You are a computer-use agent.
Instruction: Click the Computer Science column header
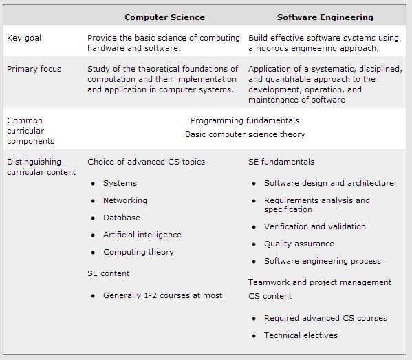click(164, 17)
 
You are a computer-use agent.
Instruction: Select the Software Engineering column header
click(325, 17)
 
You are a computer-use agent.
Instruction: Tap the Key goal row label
click(23, 38)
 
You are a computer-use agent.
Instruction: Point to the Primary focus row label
click(34, 69)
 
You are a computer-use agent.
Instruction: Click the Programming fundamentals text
click(245, 120)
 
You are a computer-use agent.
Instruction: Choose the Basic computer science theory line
click(245, 134)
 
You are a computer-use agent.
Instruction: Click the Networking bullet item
click(124, 200)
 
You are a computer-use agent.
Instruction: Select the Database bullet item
click(121, 218)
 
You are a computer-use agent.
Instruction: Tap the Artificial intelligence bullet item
click(142, 235)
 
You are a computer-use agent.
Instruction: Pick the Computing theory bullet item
click(138, 252)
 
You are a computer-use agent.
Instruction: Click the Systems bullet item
click(120, 183)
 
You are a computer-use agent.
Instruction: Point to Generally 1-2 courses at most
click(162, 295)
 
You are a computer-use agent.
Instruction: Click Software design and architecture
click(329, 183)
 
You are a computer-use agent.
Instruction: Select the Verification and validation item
click(314, 226)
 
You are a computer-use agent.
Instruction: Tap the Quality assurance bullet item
click(299, 244)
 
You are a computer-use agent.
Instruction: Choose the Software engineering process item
click(322, 261)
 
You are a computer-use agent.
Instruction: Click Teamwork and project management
click(319, 282)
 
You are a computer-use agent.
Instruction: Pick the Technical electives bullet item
click(301, 335)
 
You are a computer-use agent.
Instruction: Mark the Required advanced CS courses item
click(325, 318)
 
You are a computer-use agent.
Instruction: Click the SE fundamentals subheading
click(281, 162)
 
